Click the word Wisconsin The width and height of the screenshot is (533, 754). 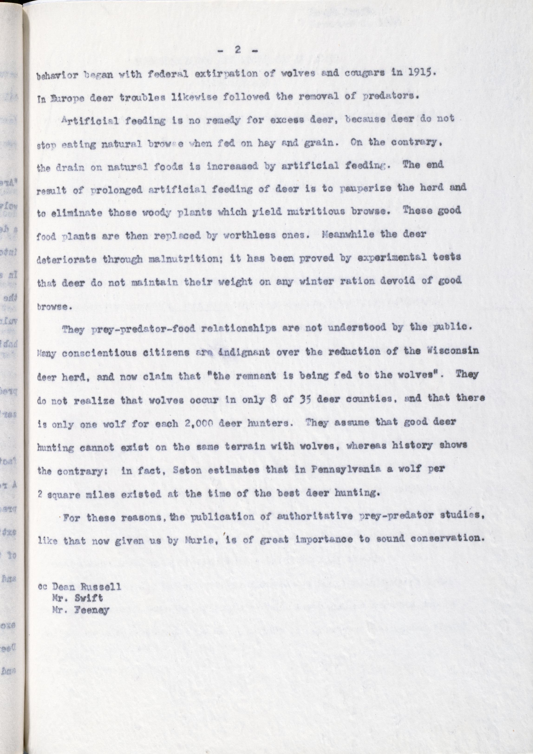(455, 351)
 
